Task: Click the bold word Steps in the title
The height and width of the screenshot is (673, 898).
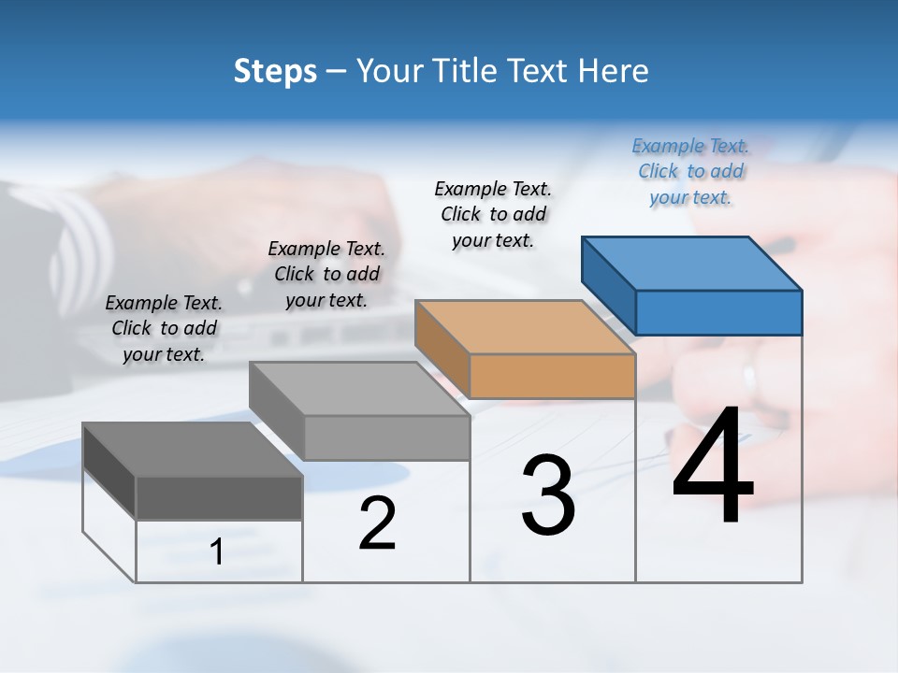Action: pyautogui.click(x=275, y=71)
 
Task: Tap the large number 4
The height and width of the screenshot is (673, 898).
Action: pyautogui.click(x=713, y=467)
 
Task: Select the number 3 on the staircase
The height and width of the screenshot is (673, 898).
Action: pyautogui.click(x=547, y=495)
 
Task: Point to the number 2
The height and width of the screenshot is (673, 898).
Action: pyautogui.click(x=378, y=523)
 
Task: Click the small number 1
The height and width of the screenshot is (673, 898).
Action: pyautogui.click(x=217, y=551)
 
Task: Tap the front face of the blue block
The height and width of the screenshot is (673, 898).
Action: pyautogui.click(x=718, y=312)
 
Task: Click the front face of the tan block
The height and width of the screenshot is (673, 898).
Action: pyautogui.click(x=552, y=377)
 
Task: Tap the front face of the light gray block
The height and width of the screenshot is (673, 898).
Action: pyautogui.click(x=386, y=437)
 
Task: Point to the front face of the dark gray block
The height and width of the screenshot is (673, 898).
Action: pyautogui.click(x=219, y=497)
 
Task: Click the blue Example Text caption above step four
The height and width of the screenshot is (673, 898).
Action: pyautogui.click(x=690, y=171)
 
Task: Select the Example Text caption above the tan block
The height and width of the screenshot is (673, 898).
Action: pyautogui.click(x=493, y=214)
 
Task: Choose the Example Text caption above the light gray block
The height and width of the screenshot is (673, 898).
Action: pyautogui.click(x=326, y=274)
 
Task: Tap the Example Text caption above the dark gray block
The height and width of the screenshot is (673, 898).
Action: pyautogui.click(x=164, y=328)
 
